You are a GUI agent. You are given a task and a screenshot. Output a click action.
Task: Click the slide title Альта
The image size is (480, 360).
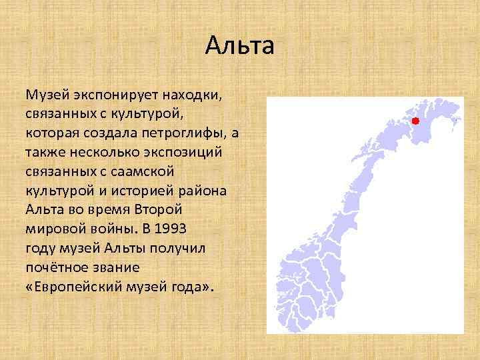[239, 46]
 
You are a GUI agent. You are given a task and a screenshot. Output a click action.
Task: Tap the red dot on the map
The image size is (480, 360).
[415, 121]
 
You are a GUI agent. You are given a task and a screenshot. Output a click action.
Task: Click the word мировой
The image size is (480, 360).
[53, 228]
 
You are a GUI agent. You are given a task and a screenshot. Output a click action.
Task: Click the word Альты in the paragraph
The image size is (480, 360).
[123, 247]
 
